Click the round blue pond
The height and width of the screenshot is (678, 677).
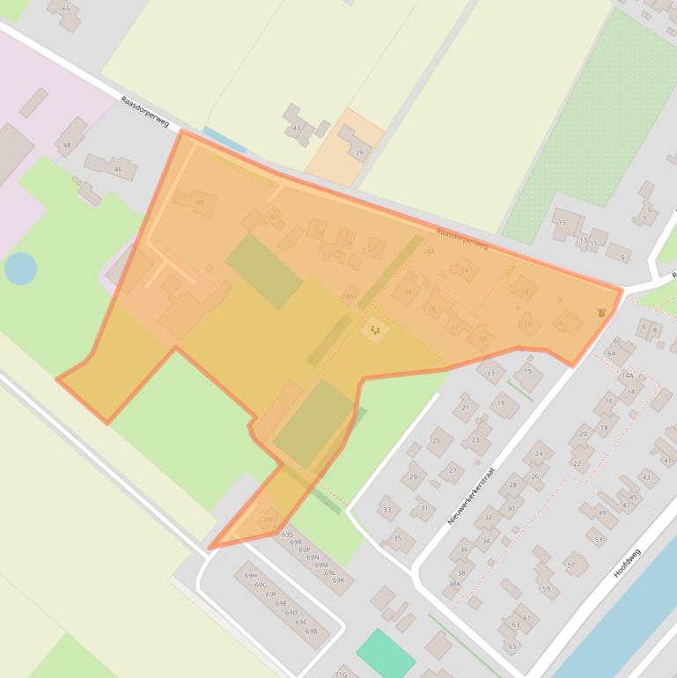click(x=20, y=268)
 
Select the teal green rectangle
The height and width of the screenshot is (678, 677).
click(x=386, y=653)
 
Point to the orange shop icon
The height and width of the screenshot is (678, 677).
click(x=601, y=313)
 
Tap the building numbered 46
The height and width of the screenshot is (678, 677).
click(x=117, y=169)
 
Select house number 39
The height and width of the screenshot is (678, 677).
click(x=358, y=152)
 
